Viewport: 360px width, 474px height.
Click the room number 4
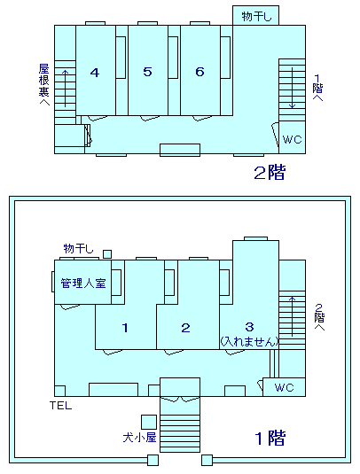95,73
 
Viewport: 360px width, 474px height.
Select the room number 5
147,72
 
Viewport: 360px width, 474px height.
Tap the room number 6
200,72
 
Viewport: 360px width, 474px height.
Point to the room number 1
125,328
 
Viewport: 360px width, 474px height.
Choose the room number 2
185,328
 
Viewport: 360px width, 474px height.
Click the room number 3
249,326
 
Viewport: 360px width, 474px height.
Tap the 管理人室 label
83,284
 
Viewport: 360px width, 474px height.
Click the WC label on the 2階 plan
292,139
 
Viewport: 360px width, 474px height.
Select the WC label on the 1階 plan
284,387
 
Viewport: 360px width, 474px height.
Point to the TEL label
61,406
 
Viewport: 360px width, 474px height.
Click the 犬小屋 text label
139,438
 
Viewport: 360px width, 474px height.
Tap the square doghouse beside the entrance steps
149,422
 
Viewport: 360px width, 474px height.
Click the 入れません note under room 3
249,342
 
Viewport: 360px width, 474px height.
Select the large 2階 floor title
270,173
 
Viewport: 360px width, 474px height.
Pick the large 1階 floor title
270,438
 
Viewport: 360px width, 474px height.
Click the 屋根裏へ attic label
44,84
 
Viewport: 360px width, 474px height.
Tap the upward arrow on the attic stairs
65,89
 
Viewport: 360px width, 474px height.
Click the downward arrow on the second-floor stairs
292,88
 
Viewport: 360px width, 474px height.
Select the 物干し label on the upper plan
256,16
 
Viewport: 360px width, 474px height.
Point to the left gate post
153,460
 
